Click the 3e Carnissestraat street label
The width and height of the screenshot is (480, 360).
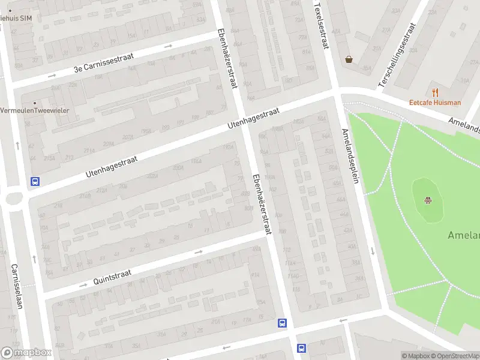pos(105,64)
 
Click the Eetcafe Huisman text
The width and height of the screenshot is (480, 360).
pos(435,103)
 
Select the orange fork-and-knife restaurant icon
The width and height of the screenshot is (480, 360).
pos(435,92)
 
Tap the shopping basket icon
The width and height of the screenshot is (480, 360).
pos(349,59)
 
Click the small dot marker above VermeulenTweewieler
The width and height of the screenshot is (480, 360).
pos(34,103)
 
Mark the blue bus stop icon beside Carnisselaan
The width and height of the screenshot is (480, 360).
pos(35,181)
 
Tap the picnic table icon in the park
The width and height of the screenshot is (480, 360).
pos(428,200)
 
